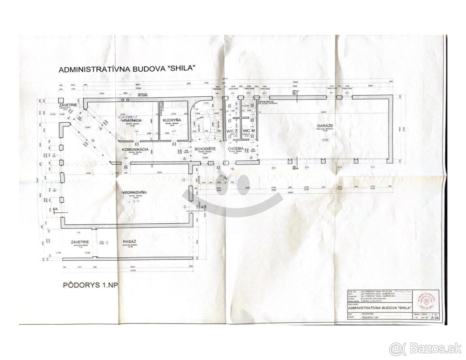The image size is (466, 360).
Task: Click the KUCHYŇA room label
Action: (x=170, y=120)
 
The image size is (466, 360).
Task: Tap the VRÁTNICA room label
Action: (x=130, y=120)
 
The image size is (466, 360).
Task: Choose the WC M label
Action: (x=249, y=130)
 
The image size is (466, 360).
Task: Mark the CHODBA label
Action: (x=236, y=149)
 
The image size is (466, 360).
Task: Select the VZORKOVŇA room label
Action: (x=132, y=192)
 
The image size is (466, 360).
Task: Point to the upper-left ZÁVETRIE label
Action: (x=67, y=105)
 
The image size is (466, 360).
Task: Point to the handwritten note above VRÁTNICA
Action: (x=128, y=116)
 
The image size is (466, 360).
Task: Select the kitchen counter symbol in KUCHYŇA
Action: (x=180, y=104)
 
